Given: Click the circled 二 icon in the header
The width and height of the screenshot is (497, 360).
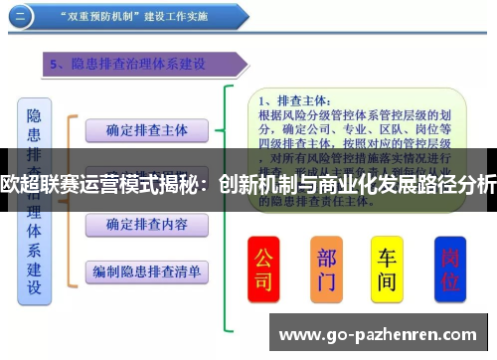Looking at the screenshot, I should pyautogui.click(x=23, y=15).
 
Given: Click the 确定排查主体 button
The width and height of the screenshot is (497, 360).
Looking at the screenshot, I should pyautogui.click(x=147, y=129).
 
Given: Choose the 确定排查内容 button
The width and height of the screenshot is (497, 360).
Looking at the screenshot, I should pyautogui.click(x=147, y=225).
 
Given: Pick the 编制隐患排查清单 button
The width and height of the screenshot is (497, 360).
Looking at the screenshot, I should pyautogui.click(x=147, y=270).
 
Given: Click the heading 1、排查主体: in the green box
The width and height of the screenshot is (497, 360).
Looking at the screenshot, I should pyautogui.click(x=298, y=100).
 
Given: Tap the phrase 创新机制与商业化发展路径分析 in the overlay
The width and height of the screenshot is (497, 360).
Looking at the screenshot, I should pyautogui.click(x=358, y=184).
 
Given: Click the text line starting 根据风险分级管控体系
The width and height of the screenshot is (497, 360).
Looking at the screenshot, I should pyautogui.click(x=348, y=114).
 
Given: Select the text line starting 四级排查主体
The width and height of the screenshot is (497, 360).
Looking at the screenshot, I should pyautogui.click(x=348, y=142).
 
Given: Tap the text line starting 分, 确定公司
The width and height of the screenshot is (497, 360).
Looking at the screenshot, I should pyautogui.click(x=348, y=128).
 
